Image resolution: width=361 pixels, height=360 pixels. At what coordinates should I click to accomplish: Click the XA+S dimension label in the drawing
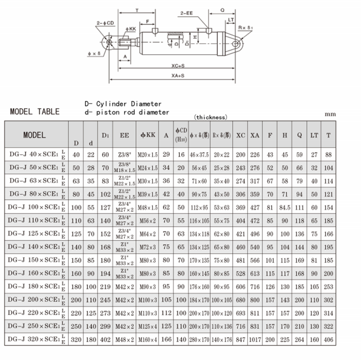(x=178, y=75)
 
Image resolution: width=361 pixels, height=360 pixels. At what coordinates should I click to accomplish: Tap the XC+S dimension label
(x=178, y=66)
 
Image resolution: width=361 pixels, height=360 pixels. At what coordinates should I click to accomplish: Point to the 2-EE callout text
(x=186, y=13)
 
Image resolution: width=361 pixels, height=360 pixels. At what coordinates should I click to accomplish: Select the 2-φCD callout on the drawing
(x=105, y=23)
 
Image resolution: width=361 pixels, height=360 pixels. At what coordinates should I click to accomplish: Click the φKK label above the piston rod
(x=131, y=29)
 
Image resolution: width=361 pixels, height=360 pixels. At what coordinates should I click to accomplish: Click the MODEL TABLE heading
(x=35, y=111)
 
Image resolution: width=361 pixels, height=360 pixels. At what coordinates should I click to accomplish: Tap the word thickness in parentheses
(x=211, y=118)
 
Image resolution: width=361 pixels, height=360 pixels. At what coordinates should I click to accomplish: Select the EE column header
(x=125, y=135)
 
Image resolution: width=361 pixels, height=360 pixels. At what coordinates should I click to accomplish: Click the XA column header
(x=255, y=135)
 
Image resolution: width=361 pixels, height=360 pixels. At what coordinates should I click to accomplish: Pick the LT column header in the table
(x=314, y=135)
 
